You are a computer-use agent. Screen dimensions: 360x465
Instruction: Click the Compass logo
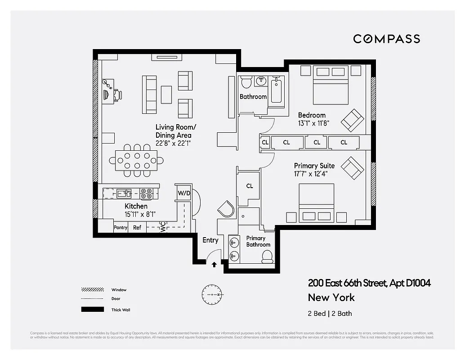point(386,39)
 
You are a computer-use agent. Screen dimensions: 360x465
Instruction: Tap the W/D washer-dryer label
point(184,193)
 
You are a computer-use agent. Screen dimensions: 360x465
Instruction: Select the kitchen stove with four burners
point(146,193)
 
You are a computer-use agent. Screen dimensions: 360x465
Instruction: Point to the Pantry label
point(121,228)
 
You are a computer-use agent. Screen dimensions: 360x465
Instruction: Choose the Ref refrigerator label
point(137,228)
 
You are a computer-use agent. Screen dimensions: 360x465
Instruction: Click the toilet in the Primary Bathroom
point(268,256)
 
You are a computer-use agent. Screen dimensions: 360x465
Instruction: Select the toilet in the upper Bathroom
point(246,82)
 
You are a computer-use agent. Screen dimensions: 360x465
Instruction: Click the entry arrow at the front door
point(214,265)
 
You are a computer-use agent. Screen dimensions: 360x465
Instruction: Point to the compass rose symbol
point(211,294)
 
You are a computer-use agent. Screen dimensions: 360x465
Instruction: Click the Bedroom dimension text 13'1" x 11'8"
point(313,123)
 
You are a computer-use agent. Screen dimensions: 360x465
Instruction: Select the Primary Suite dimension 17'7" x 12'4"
point(310,173)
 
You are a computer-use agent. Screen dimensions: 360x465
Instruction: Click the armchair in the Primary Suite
point(352,168)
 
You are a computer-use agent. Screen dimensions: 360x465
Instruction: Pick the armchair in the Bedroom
point(352,120)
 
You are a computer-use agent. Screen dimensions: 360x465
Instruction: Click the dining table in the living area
point(136,160)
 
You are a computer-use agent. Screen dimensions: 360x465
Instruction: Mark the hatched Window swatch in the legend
point(90,289)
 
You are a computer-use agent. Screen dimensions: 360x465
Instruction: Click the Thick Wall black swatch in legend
point(90,310)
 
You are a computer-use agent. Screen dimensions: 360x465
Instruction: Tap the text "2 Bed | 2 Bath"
point(330,313)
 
